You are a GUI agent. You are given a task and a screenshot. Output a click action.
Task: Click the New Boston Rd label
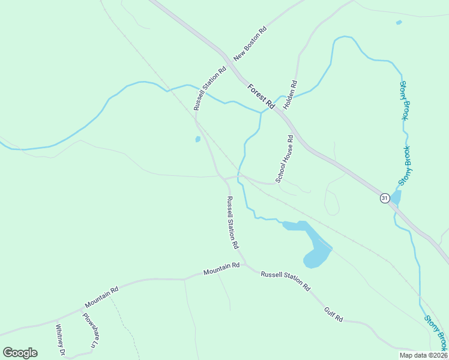coord(250,44)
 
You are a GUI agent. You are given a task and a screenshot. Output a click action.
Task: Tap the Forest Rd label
coord(261,96)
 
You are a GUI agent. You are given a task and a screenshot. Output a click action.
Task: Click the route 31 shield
coord(385,198)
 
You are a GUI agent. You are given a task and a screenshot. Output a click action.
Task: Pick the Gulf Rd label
coord(333,314)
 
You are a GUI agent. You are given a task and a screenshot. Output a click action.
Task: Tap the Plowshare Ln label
coord(89,331)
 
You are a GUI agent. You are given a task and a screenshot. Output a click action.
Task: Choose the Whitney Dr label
coord(60,340)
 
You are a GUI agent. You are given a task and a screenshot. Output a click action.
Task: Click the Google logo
coord(20,353)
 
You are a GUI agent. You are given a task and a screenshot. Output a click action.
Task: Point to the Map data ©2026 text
coord(423,355)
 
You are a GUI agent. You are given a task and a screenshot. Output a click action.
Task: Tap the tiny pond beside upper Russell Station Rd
coord(197,140)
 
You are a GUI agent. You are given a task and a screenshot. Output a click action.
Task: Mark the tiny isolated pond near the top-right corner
coord(399,23)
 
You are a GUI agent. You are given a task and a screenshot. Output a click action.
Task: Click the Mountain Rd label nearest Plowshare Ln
coord(101,296)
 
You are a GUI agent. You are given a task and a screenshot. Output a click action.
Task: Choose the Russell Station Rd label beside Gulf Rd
coord(285,281)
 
